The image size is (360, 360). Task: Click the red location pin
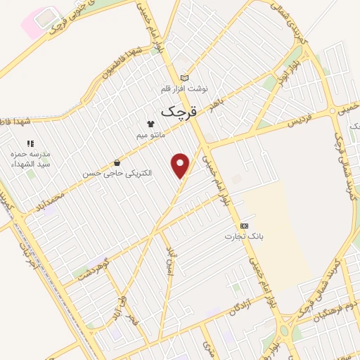click(181, 165)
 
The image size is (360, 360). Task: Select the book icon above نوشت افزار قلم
click(184, 78)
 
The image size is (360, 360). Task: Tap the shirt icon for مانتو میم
click(150, 123)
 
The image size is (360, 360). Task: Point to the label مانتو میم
click(150, 134)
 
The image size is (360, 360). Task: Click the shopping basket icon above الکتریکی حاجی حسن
click(116, 162)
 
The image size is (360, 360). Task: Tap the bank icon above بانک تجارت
click(244, 226)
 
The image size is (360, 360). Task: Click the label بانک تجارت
click(244, 236)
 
